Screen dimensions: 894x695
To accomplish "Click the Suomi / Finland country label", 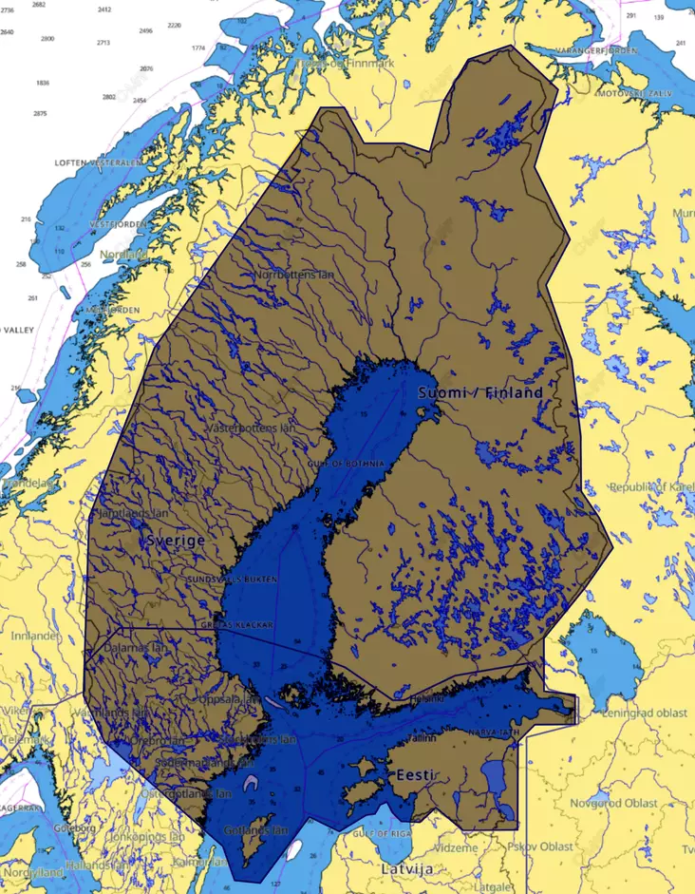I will (480, 392).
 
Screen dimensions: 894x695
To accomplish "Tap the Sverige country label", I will (176, 540).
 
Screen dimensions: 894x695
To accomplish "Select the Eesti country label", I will (416, 774).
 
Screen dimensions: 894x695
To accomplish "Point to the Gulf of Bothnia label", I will (347, 463).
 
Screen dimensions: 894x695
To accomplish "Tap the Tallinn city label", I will (421, 736).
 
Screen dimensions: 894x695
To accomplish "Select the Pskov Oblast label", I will (541, 846).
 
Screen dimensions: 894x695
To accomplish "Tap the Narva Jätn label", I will (493, 733).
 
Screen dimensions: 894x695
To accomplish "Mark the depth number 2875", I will (40, 113).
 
